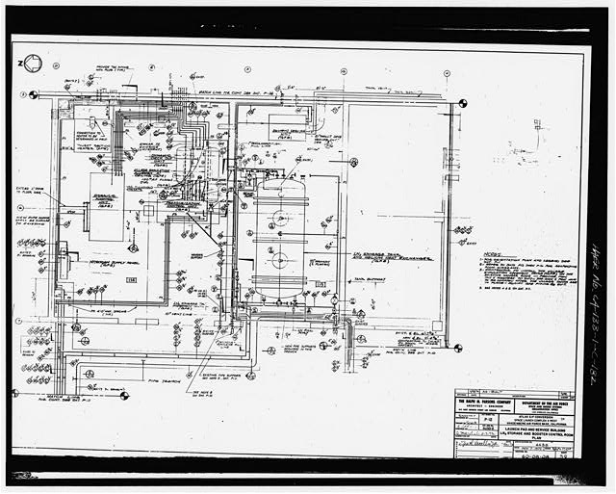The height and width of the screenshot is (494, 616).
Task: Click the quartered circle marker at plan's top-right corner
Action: [x=462, y=103]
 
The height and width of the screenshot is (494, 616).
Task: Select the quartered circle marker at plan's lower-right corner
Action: [x=456, y=349]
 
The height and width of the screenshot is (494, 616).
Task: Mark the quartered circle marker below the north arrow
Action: [x=34, y=94]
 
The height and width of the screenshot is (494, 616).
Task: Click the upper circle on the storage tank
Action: [x=280, y=218]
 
